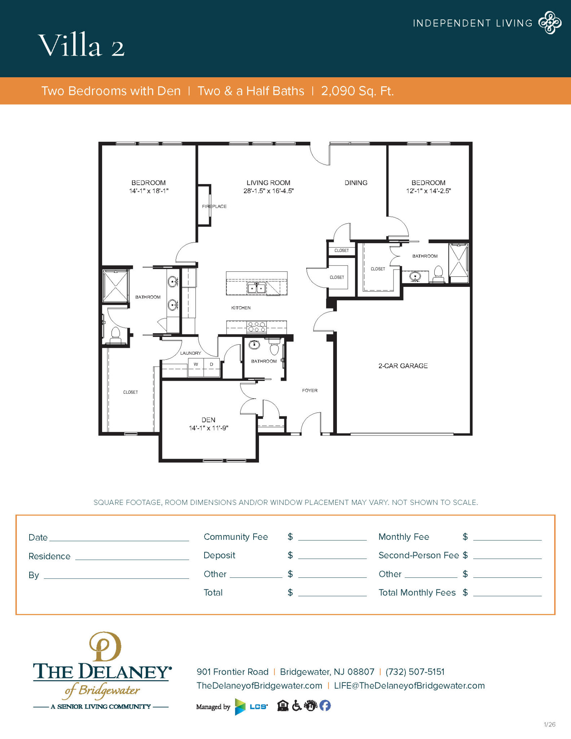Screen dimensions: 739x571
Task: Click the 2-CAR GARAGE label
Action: click(x=403, y=366)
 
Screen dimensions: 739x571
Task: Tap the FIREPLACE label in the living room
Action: click(x=214, y=206)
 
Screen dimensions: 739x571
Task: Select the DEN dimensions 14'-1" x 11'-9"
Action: click(x=208, y=428)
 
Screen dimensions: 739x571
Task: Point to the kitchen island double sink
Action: click(x=256, y=288)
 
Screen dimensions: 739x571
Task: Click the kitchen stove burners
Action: click(x=256, y=327)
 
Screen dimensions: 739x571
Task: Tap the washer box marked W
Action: click(x=196, y=364)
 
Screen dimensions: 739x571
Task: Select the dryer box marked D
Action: click(x=212, y=364)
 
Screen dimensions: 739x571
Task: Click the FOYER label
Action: click(x=310, y=390)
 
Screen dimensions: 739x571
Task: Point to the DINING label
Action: click(x=356, y=183)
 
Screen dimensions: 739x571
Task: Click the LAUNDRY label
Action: click(x=190, y=353)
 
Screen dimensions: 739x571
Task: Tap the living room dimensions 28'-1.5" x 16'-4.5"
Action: click(x=268, y=191)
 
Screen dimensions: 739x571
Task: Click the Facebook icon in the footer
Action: click(x=325, y=705)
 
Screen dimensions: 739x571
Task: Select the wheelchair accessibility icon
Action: click(x=297, y=705)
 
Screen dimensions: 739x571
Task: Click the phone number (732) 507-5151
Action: click(x=415, y=672)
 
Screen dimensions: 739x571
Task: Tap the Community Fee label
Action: click(x=236, y=537)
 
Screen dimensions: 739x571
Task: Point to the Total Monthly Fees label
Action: click(x=417, y=592)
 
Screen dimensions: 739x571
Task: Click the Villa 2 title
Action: click(x=82, y=45)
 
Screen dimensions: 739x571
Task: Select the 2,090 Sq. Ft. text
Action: click(x=357, y=91)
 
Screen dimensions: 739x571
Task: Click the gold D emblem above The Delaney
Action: click(x=105, y=647)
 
